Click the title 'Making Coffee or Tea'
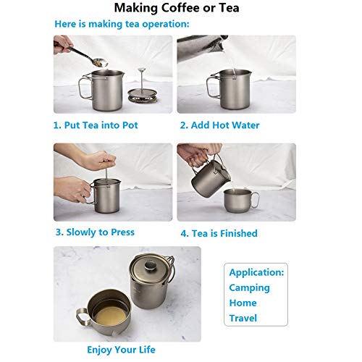181,9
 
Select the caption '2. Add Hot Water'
219,125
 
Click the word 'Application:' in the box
256,273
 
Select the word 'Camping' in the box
249,287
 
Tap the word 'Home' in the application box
243,303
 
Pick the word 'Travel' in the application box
243,318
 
